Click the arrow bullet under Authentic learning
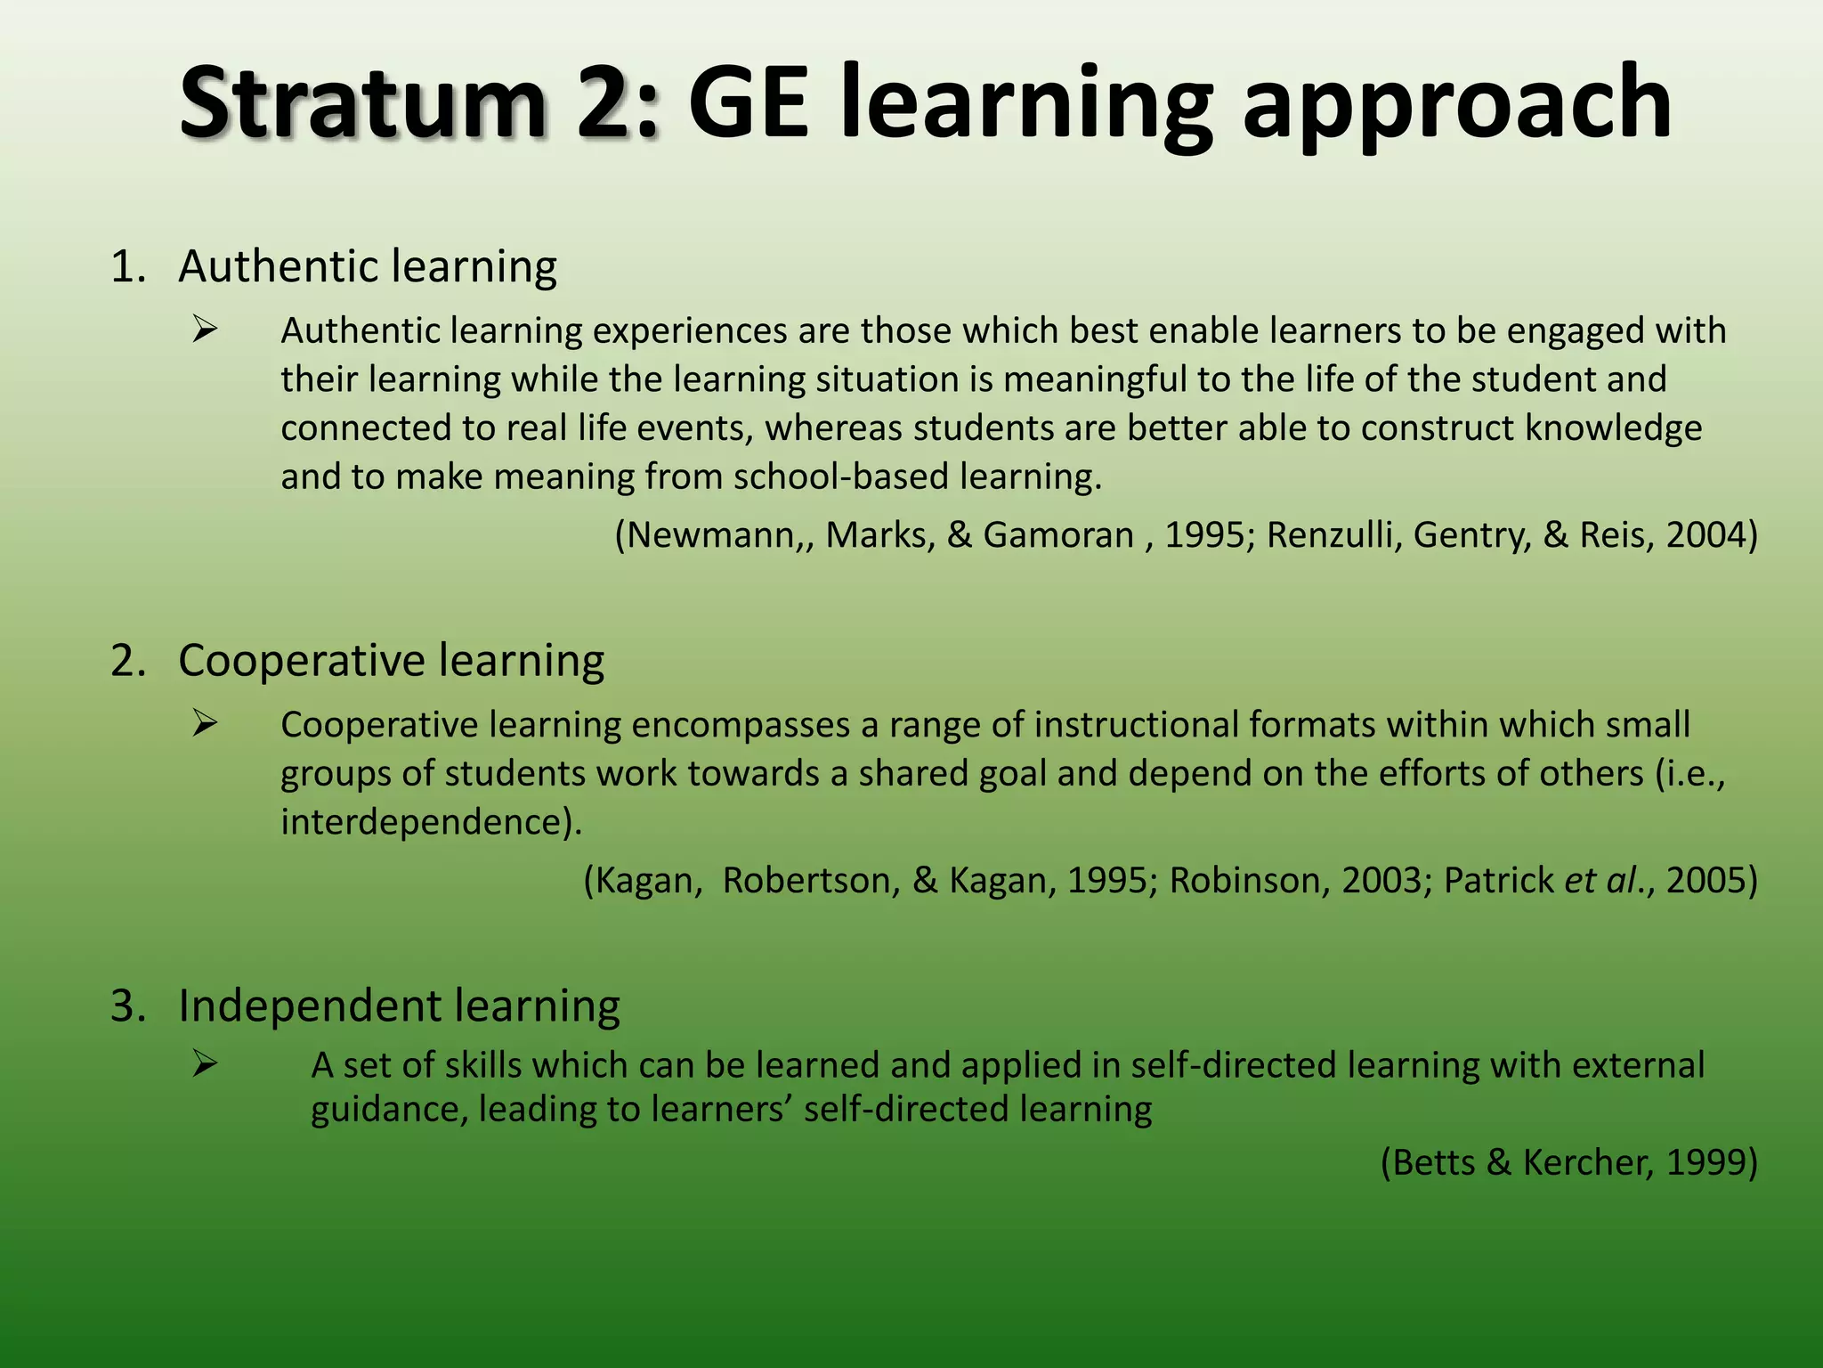point(205,331)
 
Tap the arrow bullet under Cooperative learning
point(205,725)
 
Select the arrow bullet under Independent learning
point(205,1063)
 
